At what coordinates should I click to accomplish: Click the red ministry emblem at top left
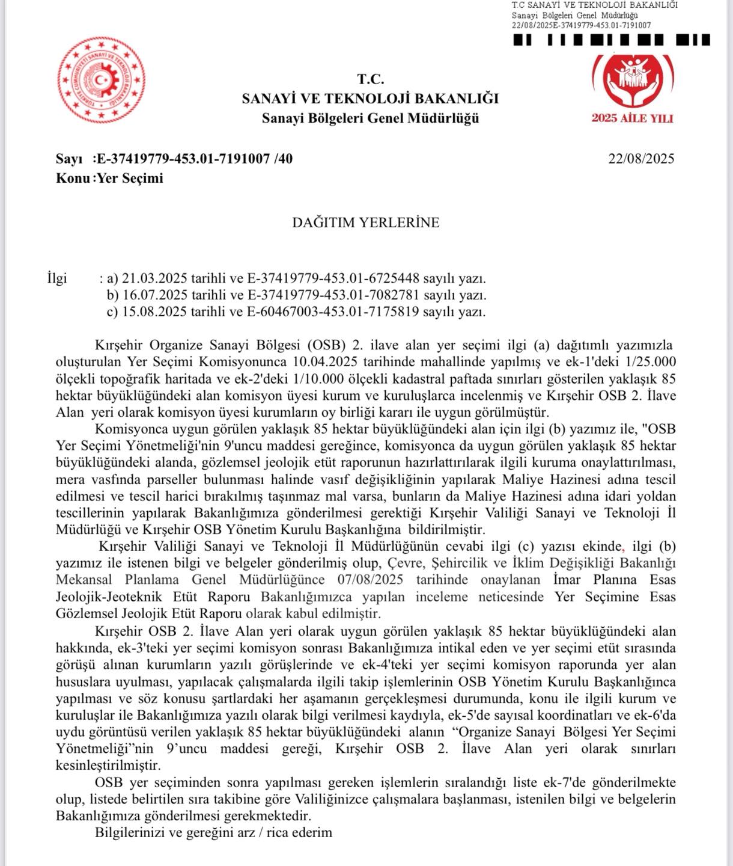tap(101, 80)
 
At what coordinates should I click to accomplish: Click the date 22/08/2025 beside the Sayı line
tap(641, 159)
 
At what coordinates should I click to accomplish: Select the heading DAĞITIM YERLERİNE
tap(365, 223)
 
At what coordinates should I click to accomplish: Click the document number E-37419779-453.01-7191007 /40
tap(195, 159)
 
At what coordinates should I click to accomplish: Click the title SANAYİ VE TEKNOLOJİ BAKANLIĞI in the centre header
tap(370, 99)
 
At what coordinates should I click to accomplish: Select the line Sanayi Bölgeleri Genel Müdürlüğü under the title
tap(370, 118)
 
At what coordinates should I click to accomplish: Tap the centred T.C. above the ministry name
tap(370, 79)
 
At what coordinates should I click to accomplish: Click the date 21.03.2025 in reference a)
tap(154, 278)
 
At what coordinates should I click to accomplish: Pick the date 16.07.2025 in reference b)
tap(154, 295)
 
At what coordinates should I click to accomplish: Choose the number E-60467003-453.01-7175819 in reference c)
tap(333, 312)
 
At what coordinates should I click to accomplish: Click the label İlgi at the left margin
tap(57, 278)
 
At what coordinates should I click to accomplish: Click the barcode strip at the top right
tap(612, 40)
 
